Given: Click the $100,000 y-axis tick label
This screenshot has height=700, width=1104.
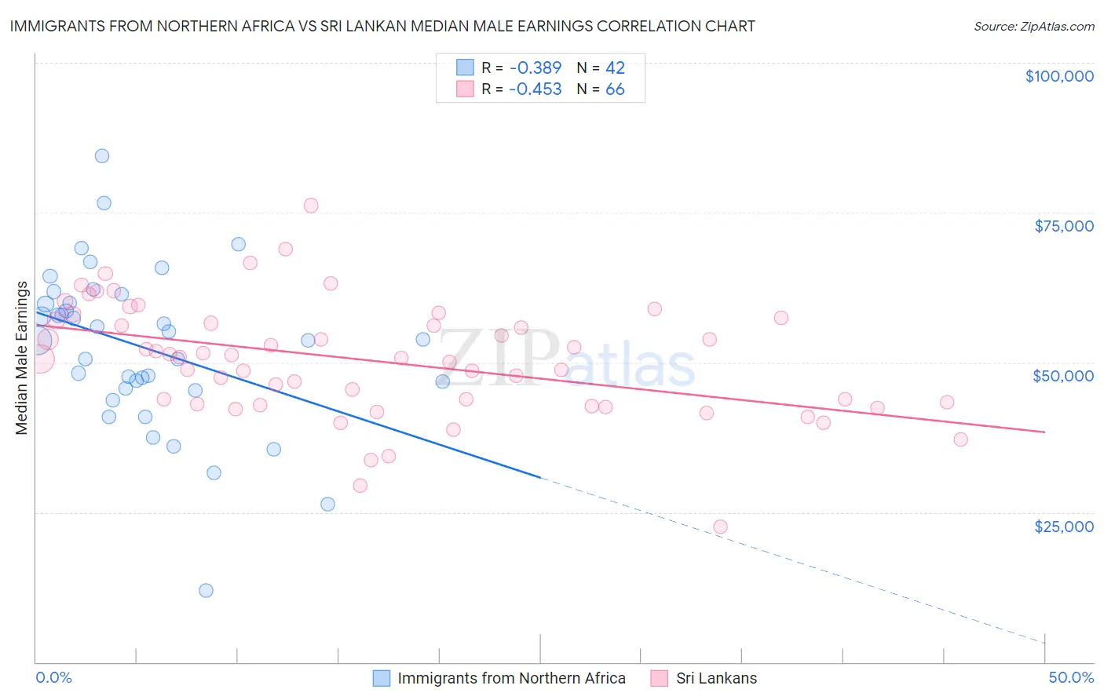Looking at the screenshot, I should [x=1058, y=76].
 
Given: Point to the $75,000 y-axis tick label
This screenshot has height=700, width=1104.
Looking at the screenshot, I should [x=1063, y=226].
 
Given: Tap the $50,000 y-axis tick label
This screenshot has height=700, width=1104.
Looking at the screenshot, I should [x=1062, y=376].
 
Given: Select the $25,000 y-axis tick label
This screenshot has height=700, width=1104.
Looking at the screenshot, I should [x=1063, y=527].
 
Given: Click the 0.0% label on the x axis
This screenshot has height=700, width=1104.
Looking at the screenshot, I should [x=53, y=677].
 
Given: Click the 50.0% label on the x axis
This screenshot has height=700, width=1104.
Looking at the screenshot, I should [x=1070, y=677].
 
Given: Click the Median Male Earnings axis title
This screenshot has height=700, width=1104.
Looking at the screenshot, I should [x=21, y=358].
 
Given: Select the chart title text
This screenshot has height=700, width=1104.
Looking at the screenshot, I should [x=382, y=26].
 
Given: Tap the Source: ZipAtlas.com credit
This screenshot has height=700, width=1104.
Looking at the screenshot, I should [x=1033, y=27].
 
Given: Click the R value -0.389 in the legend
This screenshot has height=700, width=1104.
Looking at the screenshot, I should [x=535, y=67].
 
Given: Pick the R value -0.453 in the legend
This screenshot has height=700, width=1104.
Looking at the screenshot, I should [x=535, y=89].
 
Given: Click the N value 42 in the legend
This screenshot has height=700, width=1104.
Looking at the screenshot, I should [x=615, y=67].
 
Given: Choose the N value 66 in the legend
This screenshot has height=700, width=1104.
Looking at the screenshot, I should [x=615, y=89].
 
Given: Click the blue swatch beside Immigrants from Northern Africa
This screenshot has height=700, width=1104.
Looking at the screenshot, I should [x=382, y=678].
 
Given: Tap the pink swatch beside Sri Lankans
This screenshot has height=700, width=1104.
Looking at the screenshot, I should [x=660, y=678].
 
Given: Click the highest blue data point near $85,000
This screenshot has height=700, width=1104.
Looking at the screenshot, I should [x=102, y=156].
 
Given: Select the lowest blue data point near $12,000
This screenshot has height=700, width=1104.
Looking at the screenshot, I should [x=206, y=591].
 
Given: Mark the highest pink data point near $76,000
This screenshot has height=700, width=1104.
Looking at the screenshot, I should [x=311, y=206].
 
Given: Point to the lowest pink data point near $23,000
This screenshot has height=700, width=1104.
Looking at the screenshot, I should [x=720, y=527].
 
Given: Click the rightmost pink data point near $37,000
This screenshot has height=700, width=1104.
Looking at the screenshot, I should [x=960, y=439].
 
